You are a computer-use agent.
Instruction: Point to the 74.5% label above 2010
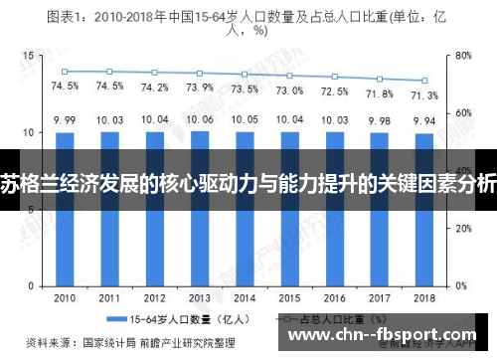[x=65, y=86]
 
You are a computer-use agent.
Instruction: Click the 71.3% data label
[x=424, y=94]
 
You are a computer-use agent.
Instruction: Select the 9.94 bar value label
[x=424, y=120]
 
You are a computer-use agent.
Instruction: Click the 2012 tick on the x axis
[x=155, y=297]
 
